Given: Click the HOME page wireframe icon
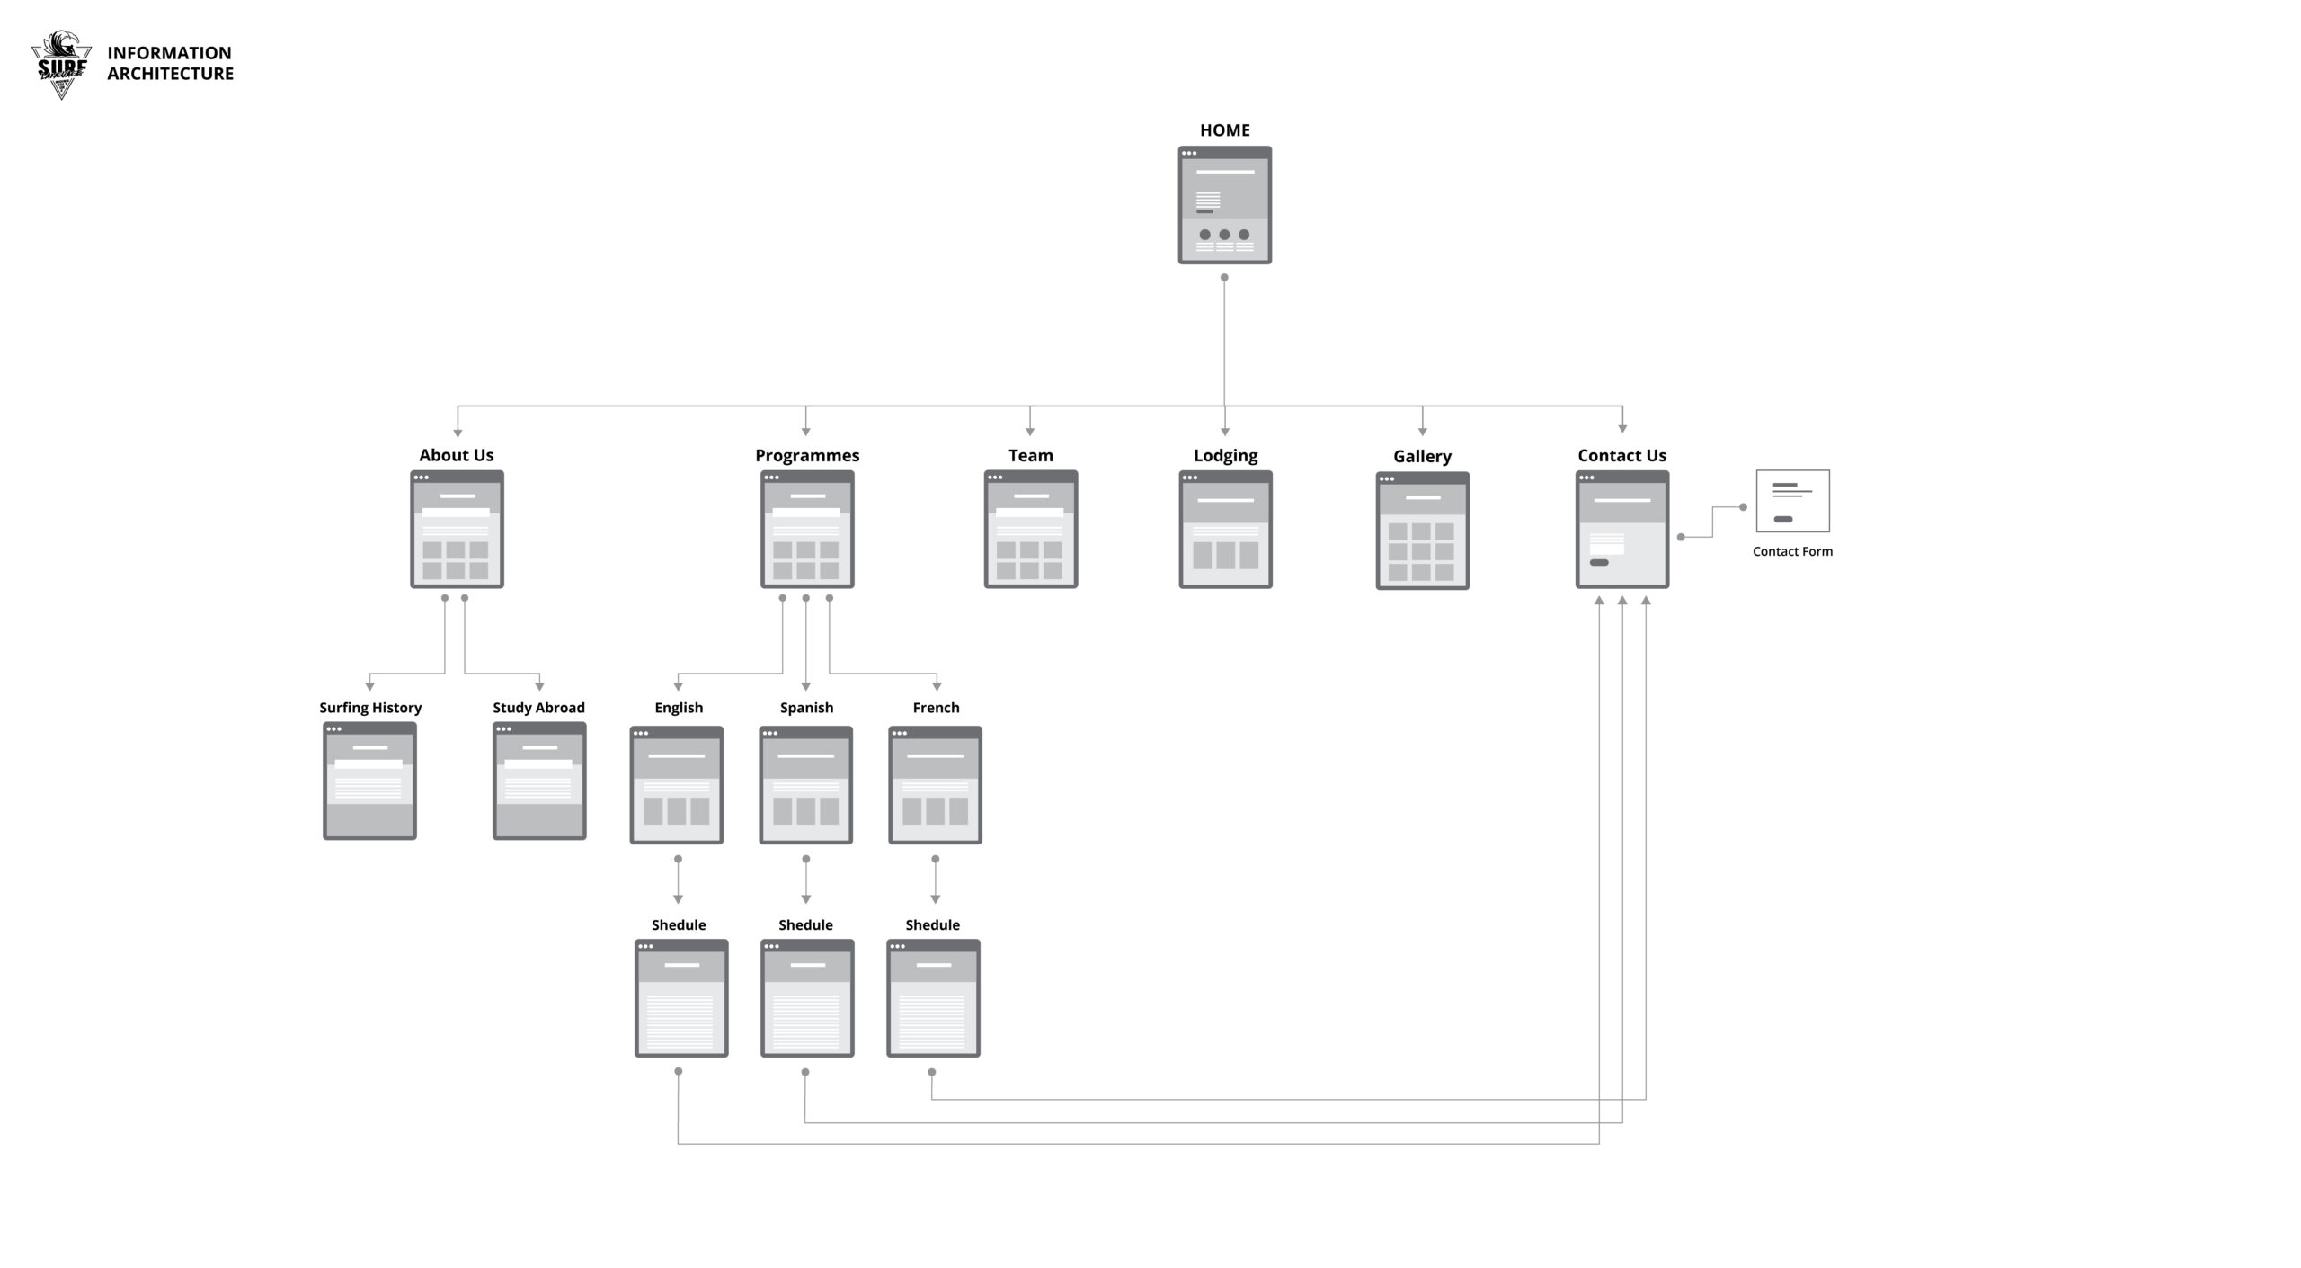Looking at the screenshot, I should [1224, 205].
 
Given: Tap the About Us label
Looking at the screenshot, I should [456, 455].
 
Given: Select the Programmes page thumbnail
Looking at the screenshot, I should [807, 529].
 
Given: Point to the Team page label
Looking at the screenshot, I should [1030, 455].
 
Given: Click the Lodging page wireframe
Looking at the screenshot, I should [1225, 529].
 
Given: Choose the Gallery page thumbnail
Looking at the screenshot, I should [1422, 531].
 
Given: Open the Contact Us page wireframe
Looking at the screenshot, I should [1621, 529].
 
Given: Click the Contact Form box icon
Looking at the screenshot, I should [1792, 501].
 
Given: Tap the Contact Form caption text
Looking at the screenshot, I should [1792, 551].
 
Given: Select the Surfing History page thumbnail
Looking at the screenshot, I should [369, 781].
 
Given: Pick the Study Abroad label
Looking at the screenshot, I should [538, 708].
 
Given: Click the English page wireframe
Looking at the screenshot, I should [677, 784].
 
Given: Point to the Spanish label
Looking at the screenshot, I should [806, 708].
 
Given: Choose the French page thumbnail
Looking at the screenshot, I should [935, 784].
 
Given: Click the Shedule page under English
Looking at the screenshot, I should [681, 997].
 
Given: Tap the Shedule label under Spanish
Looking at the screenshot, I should [805, 924].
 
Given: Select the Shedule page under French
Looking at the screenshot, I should [933, 997].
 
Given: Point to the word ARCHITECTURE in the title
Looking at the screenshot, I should [170, 74].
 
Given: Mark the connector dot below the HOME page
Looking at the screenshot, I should [1224, 277].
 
